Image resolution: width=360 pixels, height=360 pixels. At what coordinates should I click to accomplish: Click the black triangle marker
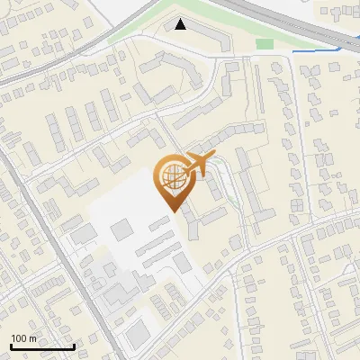pyautogui.click(x=181, y=24)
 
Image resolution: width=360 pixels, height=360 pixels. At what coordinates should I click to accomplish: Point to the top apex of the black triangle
pyautogui.click(x=181, y=19)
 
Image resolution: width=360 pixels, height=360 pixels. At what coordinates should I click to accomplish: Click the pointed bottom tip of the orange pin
pyautogui.click(x=174, y=211)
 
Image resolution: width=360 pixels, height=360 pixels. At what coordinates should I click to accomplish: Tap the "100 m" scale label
pyautogui.click(x=23, y=338)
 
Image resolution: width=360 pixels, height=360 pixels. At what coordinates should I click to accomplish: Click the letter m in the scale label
pyautogui.click(x=32, y=338)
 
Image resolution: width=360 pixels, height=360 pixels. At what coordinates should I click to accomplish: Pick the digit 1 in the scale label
pyautogui.click(x=13, y=338)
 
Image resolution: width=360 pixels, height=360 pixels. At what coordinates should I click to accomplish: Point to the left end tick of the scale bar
pyautogui.click(x=11, y=345)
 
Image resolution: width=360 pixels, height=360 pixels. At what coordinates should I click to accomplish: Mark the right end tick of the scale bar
pyautogui.click(x=74, y=345)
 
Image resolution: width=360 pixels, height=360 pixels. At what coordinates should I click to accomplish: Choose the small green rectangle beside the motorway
pyautogui.click(x=264, y=43)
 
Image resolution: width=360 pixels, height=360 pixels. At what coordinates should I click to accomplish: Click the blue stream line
pyautogui.click(x=315, y=50)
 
